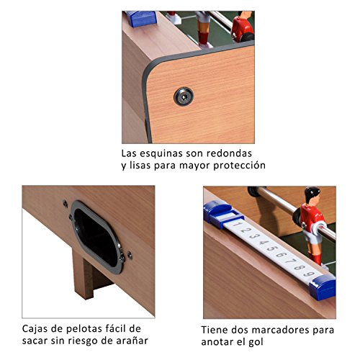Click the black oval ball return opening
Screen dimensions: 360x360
[96, 233]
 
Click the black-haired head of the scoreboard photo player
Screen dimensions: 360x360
[312, 194]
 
